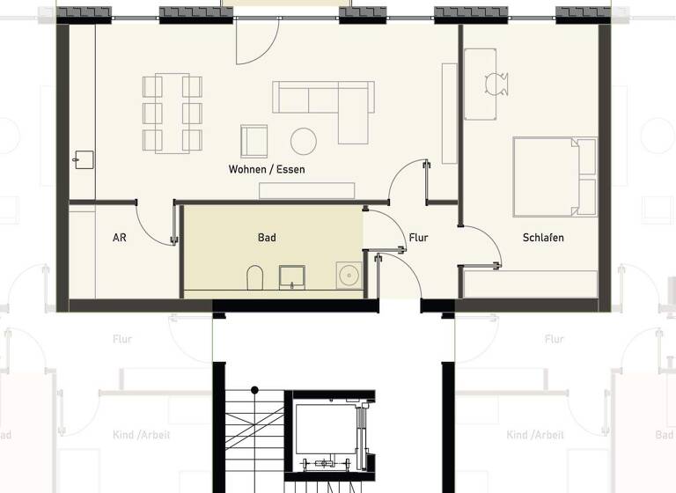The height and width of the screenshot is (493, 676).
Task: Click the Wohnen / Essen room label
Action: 267,169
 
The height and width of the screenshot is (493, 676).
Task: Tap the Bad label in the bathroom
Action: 267,238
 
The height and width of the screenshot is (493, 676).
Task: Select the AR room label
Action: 120,238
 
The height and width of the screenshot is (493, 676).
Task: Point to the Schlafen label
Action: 543,238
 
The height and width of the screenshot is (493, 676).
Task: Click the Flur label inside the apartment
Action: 418,238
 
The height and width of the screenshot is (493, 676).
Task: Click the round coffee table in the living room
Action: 305,141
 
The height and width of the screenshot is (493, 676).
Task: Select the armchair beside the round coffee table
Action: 254,141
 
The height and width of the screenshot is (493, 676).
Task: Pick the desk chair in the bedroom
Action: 496,83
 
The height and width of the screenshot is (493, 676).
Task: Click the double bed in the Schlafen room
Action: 555,176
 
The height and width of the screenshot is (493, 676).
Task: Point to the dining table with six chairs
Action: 173,113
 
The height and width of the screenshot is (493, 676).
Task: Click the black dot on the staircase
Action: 255,389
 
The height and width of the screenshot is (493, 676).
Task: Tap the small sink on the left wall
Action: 84,159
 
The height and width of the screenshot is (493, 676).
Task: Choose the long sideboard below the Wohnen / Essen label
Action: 306,191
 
